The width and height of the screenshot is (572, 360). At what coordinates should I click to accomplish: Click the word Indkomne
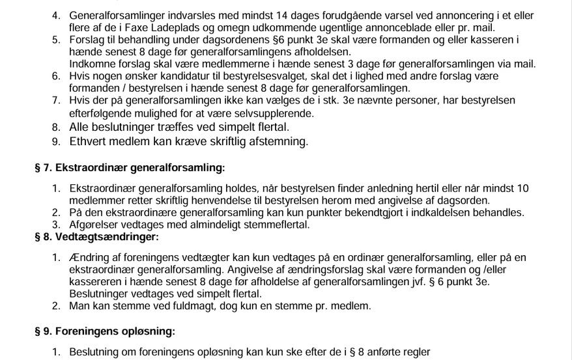pyautogui.click(x=91, y=64)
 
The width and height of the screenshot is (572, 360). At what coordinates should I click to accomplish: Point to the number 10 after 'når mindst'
pyautogui.click(x=523, y=189)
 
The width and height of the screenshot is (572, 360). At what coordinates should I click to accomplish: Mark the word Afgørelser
pyautogui.click(x=95, y=225)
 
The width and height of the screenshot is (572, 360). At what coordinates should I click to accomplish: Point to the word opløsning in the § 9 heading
pyautogui.click(x=141, y=331)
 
